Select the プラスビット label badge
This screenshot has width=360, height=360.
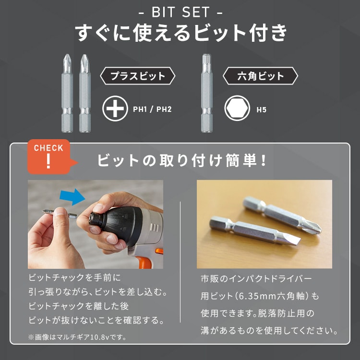point(137,76)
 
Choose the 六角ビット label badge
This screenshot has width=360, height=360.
point(261,76)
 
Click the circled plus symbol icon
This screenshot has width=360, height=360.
point(115,109)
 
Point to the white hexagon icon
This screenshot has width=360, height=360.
point(237,109)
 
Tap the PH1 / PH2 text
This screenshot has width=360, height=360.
point(152,109)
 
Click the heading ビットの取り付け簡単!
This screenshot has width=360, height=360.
point(182,160)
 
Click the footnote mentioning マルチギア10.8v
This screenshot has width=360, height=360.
point(77,337)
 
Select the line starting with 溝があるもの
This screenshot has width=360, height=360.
point(269,331)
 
